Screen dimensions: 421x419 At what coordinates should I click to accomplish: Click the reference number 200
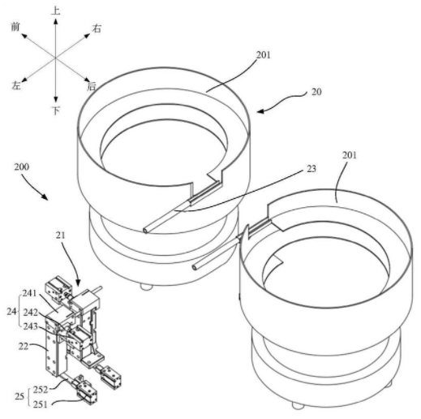(22, 166)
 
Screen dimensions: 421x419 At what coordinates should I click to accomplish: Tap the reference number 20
(316, 92)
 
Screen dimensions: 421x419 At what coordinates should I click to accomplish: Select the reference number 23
(311, 169)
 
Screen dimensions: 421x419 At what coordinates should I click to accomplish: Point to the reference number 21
(61, 235)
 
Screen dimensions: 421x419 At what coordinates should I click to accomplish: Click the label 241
(29, 293)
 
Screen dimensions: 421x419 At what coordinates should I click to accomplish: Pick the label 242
(30, 313)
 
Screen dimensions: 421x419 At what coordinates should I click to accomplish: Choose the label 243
(30, 326)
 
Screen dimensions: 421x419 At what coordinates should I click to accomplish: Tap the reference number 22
(24, 346)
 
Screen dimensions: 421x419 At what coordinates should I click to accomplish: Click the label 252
(41, 390)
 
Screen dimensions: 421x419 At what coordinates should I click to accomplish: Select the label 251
(40, 404)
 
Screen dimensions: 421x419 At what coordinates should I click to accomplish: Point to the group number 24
(11, 312)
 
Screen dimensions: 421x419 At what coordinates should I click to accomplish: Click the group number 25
(19, 397)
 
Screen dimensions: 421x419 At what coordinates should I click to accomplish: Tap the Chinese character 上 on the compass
(55, 11)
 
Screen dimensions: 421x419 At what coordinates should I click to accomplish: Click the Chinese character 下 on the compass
(55, 110)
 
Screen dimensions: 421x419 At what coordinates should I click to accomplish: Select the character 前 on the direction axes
(15, 27)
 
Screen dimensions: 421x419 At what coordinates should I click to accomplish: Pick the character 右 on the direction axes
(97, 28)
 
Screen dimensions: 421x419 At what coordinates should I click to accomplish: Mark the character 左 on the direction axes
(16, 85)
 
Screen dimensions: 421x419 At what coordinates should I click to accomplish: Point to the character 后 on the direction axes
(92, 86)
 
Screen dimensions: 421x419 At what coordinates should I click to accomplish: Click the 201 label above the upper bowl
(264, 55)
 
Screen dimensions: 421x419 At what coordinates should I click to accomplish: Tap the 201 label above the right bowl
(350, 155)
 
